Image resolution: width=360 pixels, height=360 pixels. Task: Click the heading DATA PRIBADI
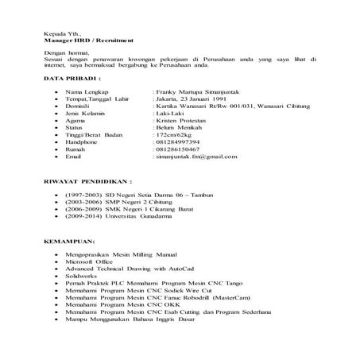71,80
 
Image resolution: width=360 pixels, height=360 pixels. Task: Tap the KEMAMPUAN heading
69,239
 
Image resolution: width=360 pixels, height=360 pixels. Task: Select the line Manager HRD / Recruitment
88,40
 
